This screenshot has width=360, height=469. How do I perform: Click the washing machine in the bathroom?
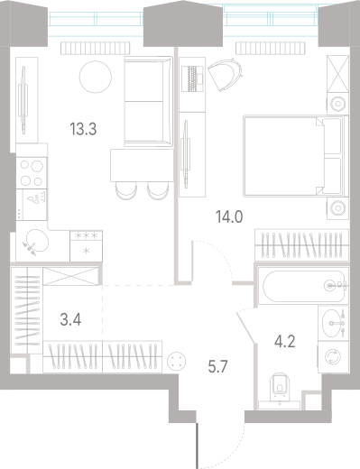[334, 356]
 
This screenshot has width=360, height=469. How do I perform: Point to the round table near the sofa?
[94, 78]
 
